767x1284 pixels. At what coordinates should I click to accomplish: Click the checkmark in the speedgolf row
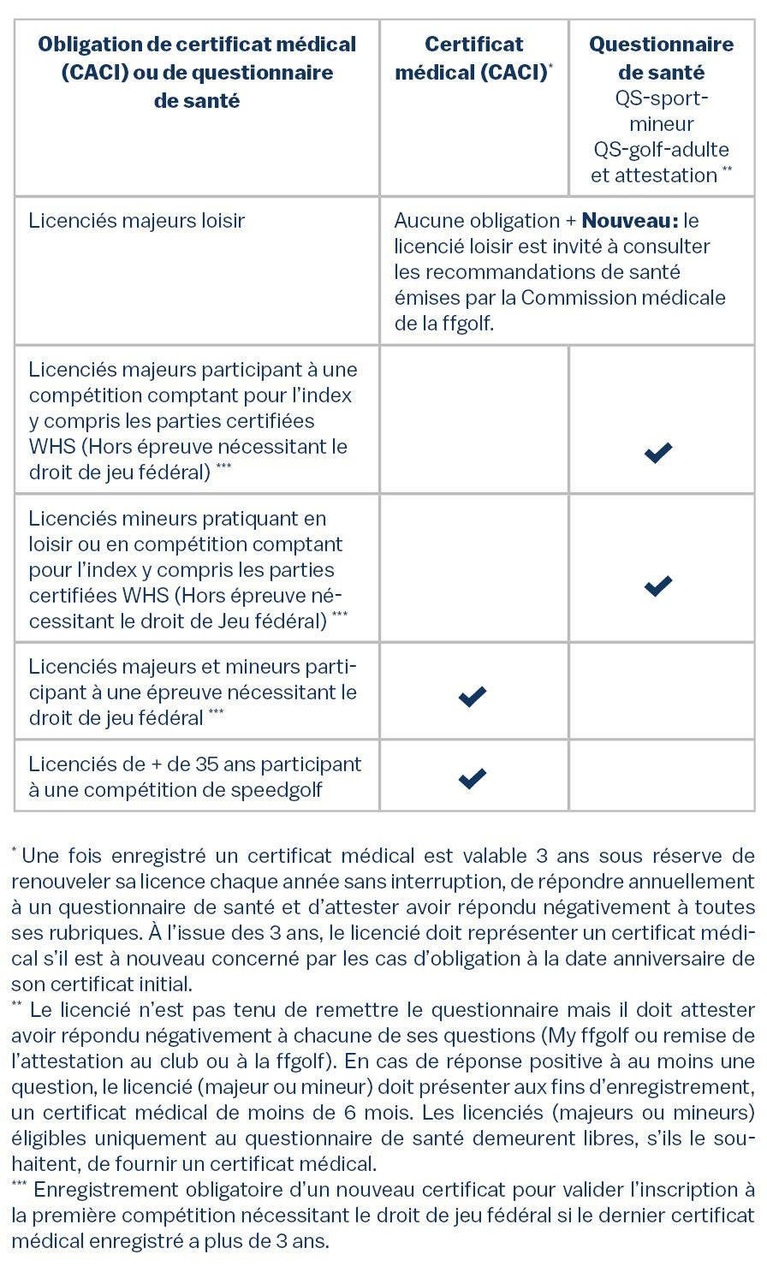pos(473,778)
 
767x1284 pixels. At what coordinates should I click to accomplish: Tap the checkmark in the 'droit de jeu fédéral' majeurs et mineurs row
pos(473,696)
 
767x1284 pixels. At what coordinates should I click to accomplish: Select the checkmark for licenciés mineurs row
pos(658,586)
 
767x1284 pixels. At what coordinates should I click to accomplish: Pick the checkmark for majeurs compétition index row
pos(658,452)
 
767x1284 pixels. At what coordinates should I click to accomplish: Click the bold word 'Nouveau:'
pos(630,221)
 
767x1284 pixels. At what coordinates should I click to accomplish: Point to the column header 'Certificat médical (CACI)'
pos(473,58)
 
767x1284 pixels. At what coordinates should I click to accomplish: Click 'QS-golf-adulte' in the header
pos(662,149)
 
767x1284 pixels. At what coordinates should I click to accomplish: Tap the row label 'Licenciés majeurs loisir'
pos(137,221)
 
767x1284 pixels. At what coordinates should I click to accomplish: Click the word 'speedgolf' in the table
pos(276,789)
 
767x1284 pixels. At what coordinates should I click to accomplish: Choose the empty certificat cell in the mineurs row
pos(473,568)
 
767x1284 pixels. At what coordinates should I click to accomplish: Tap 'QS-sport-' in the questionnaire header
pos(662,98)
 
